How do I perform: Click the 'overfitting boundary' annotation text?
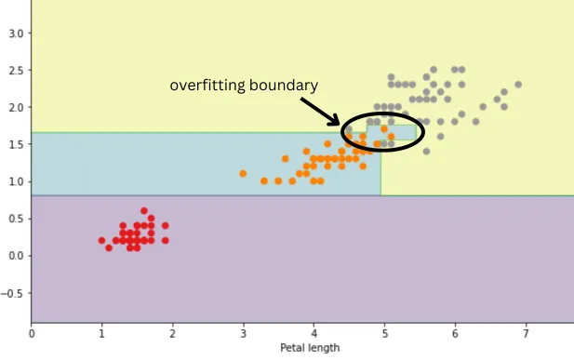pyautogui.click(x=244, y=86)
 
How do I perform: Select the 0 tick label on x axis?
pyautogui.click(x=32, y=332)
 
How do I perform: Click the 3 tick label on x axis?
pyautogui.click(x=243, y=332)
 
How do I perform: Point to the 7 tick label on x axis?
pyautogui.click(x=526, y=332)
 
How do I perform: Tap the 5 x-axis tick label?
pyautogui.click(x=384, y=332)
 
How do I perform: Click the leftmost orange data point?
pyautogui.click(x=243, y=173)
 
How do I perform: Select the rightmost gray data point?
pyautogui.click(x=518, y=85)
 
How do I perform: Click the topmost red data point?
pyautogui.click(x=144, y=211)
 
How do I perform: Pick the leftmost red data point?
pyautogui.click(x=101, y=240)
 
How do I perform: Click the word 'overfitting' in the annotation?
pyautogui.click(x=204, y=86)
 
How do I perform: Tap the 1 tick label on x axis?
pyautogui.click(x=101, y=332)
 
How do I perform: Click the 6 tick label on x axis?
pyautogui.click(x=455, y=332)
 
